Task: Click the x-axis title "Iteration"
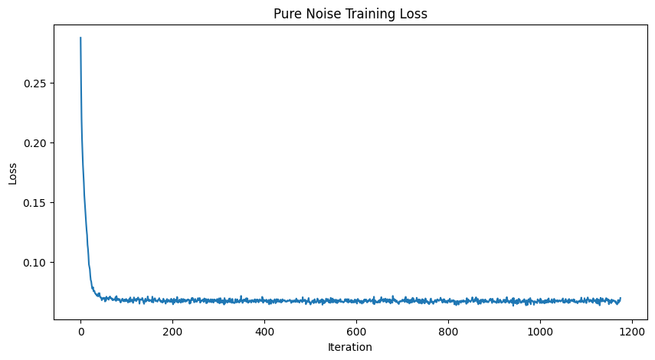[x=349, y=347]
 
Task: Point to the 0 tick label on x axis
[x=80, y=331]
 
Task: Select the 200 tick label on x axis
[x=172, y=331]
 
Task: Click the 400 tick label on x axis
[x=264, y=331]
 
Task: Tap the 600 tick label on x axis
[x=356, y=331]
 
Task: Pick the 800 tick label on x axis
[x=448, y=331]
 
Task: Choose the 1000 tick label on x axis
[x=540, y=331]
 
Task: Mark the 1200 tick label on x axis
[x=632, y=331]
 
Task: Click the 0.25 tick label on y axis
[x=36, y=83]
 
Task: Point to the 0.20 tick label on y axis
[x=36, y=142]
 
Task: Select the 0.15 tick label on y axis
[x=36, y=202]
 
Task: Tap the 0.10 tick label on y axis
[x=36, y=262]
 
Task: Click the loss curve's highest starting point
[x=80, y=38]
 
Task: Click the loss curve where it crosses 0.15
[x=84, y=202]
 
